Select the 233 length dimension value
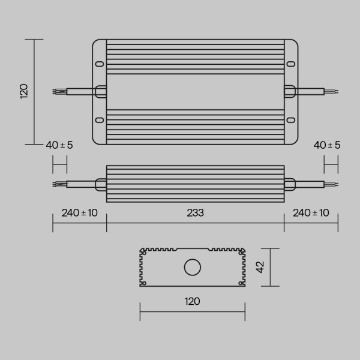pos(195,213)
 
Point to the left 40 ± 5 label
pos(59,145)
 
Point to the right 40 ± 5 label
pos(327,145)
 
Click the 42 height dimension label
pos(260,268)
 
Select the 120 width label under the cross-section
pos(192,301)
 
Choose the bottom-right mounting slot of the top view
pos(291,119)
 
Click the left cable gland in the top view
pos(101,91)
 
